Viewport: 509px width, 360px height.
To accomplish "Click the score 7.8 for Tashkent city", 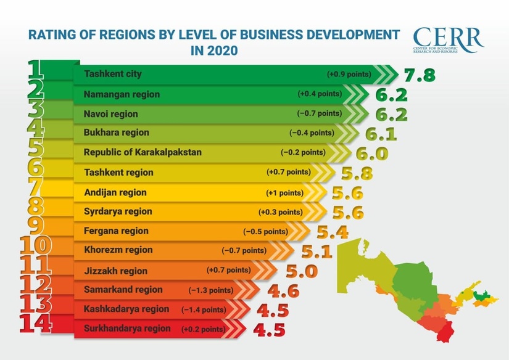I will (x=419, y=75).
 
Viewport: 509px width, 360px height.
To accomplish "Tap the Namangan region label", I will (x=122, y=94).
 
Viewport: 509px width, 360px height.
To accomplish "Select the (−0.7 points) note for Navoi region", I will (x=319, y=113).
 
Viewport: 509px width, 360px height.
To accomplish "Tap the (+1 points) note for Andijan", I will (x=285, y=193).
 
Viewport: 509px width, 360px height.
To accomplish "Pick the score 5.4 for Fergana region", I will (x=333, y=232).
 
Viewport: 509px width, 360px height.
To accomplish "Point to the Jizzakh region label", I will (x=115, y=271).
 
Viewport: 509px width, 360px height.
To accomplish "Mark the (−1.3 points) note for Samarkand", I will (x=211, y=290).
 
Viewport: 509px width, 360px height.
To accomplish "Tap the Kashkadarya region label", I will (x=126, y=309).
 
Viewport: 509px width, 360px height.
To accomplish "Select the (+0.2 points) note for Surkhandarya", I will (x=204, y=329).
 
